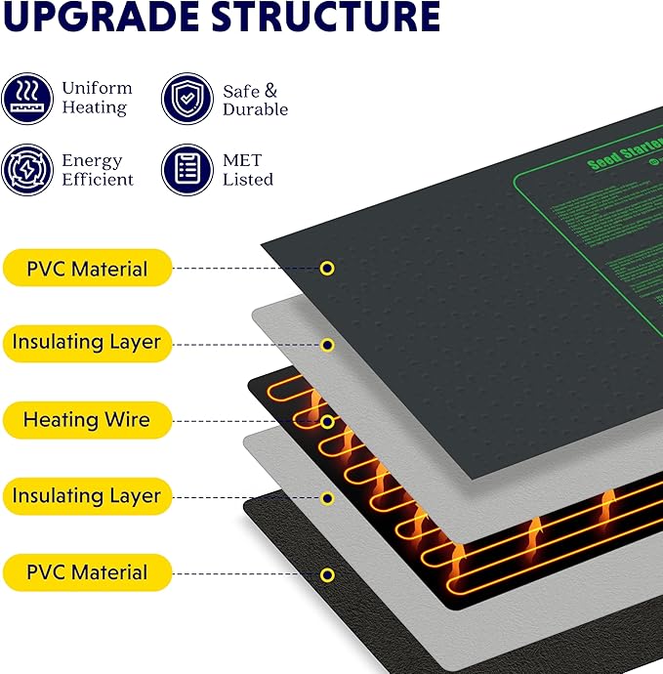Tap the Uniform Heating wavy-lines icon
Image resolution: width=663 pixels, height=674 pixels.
click(x=26, y=99)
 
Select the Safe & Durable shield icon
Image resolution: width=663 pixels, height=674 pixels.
click(x=186, y=99)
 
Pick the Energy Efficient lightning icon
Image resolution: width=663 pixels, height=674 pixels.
click(x=26, y=170)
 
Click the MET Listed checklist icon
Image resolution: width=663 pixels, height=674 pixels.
click(x=186, y=170)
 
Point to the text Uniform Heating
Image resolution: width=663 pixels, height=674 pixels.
click(x=96, y=98)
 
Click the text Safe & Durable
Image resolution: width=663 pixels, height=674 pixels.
click(x=255, y=100)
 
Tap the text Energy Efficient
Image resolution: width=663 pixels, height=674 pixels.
click(x=97, y=170)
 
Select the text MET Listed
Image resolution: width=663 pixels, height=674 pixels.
click(x=247, y=170)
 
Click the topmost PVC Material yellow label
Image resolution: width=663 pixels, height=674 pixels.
click(x=87, y=268)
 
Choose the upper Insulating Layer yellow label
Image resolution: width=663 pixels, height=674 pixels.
click(x=87, y=344)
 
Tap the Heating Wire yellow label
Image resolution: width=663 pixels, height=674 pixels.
click(x=87, y=420)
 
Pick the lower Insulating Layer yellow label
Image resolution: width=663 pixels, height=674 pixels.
click(x=87, y=496)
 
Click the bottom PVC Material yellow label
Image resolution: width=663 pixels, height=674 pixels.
click(x=87, y=572)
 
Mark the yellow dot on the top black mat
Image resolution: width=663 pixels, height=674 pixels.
click(x=328, y=268)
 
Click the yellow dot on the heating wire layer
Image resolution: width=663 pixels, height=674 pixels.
click(x=328, y=422)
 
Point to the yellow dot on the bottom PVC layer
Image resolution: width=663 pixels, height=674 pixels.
click(x=328, y=574)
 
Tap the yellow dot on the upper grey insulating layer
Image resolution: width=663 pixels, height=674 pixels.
click(x=328, y=345)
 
